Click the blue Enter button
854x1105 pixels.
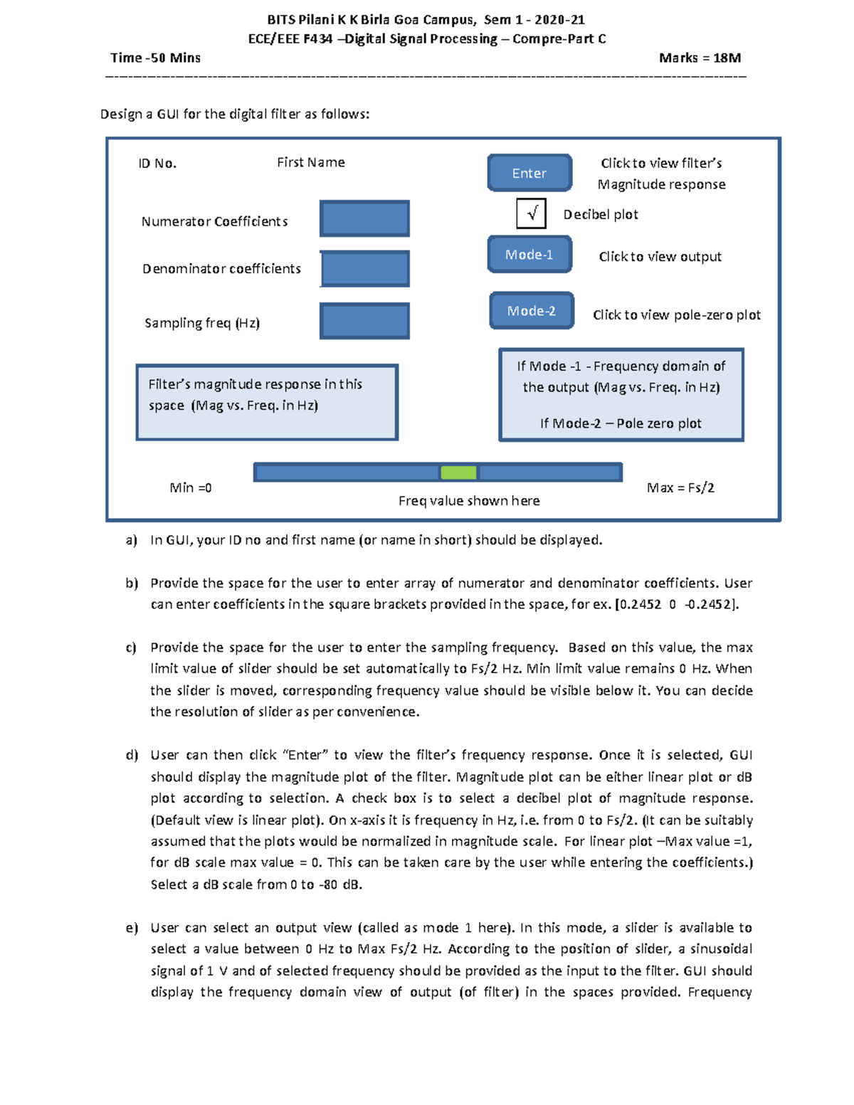[x=529, y=173]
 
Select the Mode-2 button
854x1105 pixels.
[x=532, y=311]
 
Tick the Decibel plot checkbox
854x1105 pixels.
[x=531, y=213]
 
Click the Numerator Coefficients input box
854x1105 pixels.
[x=364, y=218]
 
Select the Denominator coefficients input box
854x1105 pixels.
[x=365, y=269]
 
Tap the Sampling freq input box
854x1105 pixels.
[x=364, y=321]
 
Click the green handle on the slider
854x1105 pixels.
[x=458, y=472]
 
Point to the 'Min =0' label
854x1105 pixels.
[x=190, y=487]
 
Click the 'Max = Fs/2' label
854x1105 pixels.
[x=680, y=487]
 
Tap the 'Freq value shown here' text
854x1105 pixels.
[x=469, y=501]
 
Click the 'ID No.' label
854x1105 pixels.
[x=157, y=164]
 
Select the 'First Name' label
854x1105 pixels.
[x=310, y=162]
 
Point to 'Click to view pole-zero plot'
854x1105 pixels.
[x=676, y=314]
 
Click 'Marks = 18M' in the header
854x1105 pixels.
[x=700, y=58]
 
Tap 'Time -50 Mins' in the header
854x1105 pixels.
[x=155, y=58]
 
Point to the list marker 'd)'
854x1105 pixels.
[x=132, y=755]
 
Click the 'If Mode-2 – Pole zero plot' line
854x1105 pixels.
[x=621, y=423]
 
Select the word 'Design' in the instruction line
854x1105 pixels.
[x=121, y=114]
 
